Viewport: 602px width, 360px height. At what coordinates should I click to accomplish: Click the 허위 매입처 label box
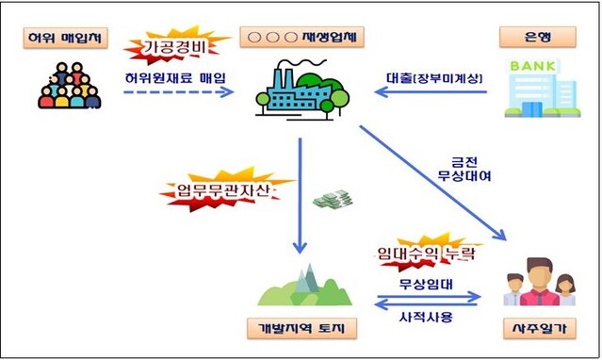pyautogui.click(x=64, y=40)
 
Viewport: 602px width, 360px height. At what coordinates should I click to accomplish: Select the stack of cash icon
pyautogui.click(x=331, y=200)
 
